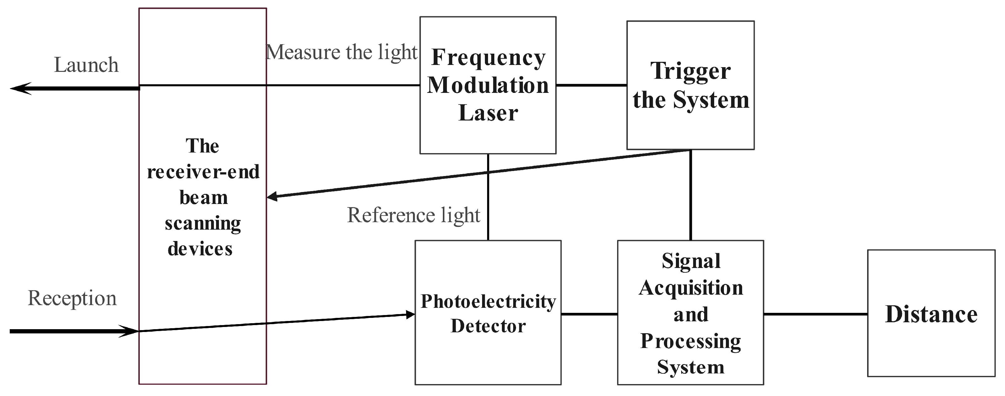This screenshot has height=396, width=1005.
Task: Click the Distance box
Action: click(931, 314)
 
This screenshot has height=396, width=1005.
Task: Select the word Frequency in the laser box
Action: click(488, 58)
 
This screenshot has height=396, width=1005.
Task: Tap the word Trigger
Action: click(690, 71)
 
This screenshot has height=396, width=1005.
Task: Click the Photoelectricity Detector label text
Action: click(488, 313)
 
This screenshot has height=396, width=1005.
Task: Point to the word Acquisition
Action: click(691, 288)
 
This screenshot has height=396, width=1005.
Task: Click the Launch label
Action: click(86, 65)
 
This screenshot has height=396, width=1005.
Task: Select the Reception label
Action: click(72, 298)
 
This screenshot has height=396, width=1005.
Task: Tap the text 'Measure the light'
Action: click(342, 52)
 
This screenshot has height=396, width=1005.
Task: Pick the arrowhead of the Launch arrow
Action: click(19, 88)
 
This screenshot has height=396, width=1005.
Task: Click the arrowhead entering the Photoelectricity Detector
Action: click(410, 314)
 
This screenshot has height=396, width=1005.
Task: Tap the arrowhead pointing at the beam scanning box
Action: click(272, 196)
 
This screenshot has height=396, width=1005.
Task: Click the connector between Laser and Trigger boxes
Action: click(591, 85)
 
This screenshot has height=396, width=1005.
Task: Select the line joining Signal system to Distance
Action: click(815, 314)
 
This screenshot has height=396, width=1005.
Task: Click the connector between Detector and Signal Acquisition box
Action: click(589, 314)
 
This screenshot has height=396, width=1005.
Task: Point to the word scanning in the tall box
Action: click(203, 223)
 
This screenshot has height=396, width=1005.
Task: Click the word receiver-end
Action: click(203, 172)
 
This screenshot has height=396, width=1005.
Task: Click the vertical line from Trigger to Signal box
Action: click(691, 195)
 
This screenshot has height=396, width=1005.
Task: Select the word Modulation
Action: click(488, 85)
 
